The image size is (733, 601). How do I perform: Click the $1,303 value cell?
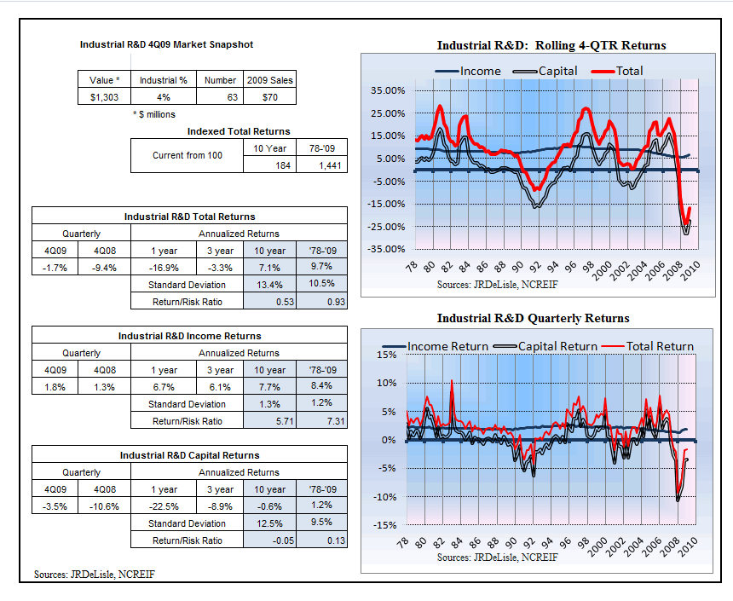(x=104, y=97)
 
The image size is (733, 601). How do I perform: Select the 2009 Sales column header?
(x=269, y=80)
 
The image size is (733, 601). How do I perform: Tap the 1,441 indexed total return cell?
(x=322, y=165)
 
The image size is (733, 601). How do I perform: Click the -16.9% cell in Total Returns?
(x=164, y=268)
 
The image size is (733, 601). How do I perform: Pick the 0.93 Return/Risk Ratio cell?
(x=322, y=302)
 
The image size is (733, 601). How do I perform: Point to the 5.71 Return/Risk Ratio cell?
(x=269, y=421)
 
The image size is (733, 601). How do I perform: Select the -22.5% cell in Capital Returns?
(x=164, y=506)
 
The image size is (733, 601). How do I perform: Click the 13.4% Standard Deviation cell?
(x=269, y=285)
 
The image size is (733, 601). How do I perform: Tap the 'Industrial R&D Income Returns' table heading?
(x=189, y=336)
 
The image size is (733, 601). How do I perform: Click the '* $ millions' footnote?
(x=154, y=114)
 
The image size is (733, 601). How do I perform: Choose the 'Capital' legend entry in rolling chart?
(x=545, y=71)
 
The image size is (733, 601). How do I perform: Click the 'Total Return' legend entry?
(x=648, y=346)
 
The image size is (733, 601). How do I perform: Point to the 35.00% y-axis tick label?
(x=388, y=90)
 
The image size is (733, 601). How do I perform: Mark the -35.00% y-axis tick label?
(x=386, y=249)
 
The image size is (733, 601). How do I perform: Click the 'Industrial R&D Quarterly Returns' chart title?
(x=533, y=319)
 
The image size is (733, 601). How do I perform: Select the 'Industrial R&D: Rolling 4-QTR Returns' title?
(x=551, y=45)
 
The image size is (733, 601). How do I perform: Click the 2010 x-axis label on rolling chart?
(x=690, y=270)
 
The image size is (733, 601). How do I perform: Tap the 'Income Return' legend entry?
(x=436, y=346)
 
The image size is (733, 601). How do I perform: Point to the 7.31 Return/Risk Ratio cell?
(x=322, y=421)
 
